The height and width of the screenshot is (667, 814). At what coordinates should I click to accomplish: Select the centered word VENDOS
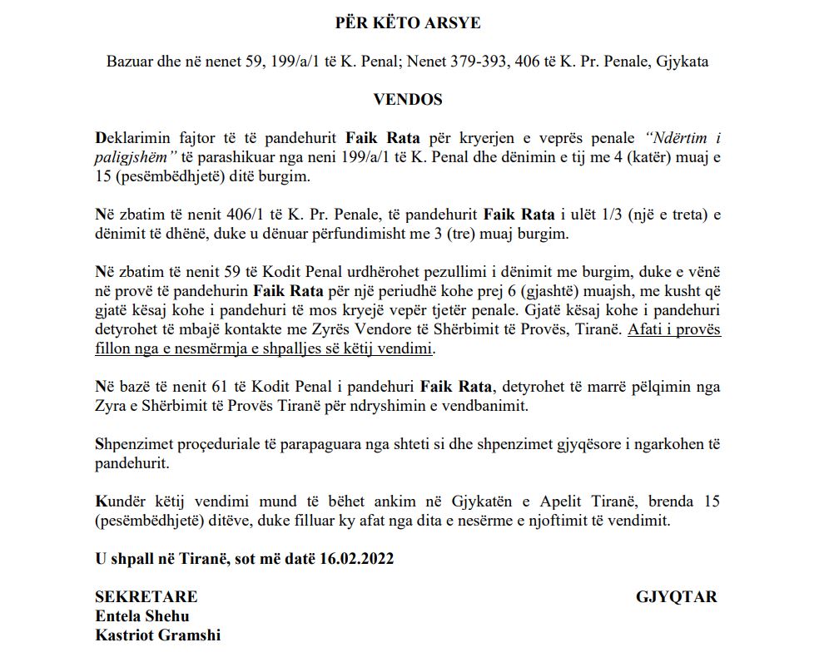click(x=407, y=100)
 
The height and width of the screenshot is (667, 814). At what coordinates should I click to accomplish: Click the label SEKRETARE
click(x=146, y=596)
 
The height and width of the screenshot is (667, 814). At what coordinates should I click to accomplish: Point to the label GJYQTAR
click(x=676, y=596)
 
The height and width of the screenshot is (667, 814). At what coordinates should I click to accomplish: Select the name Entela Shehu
click(x=142, y=616)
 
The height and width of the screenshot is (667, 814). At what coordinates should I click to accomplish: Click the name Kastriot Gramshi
click(x=158, y=636)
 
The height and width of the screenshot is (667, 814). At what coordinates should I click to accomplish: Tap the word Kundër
click(x=120, y=502)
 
